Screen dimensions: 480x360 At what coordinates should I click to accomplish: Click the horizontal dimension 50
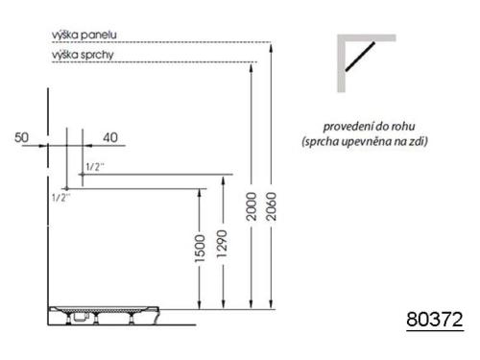tap(21, 137)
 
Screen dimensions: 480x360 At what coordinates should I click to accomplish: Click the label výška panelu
tap(84, 36)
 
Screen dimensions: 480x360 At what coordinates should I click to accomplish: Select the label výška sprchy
tap(84, 55)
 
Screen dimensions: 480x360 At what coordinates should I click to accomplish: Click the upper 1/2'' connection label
tap(94, 166)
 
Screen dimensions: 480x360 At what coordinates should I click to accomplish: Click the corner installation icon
tap(365, 62)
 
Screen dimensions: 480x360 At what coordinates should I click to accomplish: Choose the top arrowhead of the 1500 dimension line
tap(200, 190)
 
